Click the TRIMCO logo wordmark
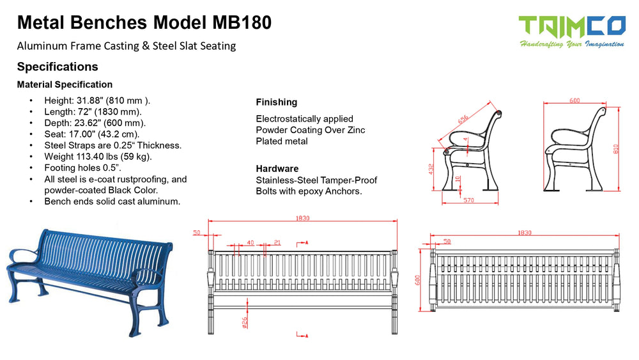click(x=571, y=26)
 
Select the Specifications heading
click(x=58, y=67)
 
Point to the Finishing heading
click(x=276, y=102)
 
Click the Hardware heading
click(x=277, y=169)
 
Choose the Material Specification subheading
click(x=65, y=84)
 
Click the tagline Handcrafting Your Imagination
click(x=571, y=43)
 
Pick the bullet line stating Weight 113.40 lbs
click(x=98, y=156)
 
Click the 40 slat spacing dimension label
click(x=250, y=243)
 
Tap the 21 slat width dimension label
click(x=277, y=243)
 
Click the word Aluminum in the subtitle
click(x=41, y=45)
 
